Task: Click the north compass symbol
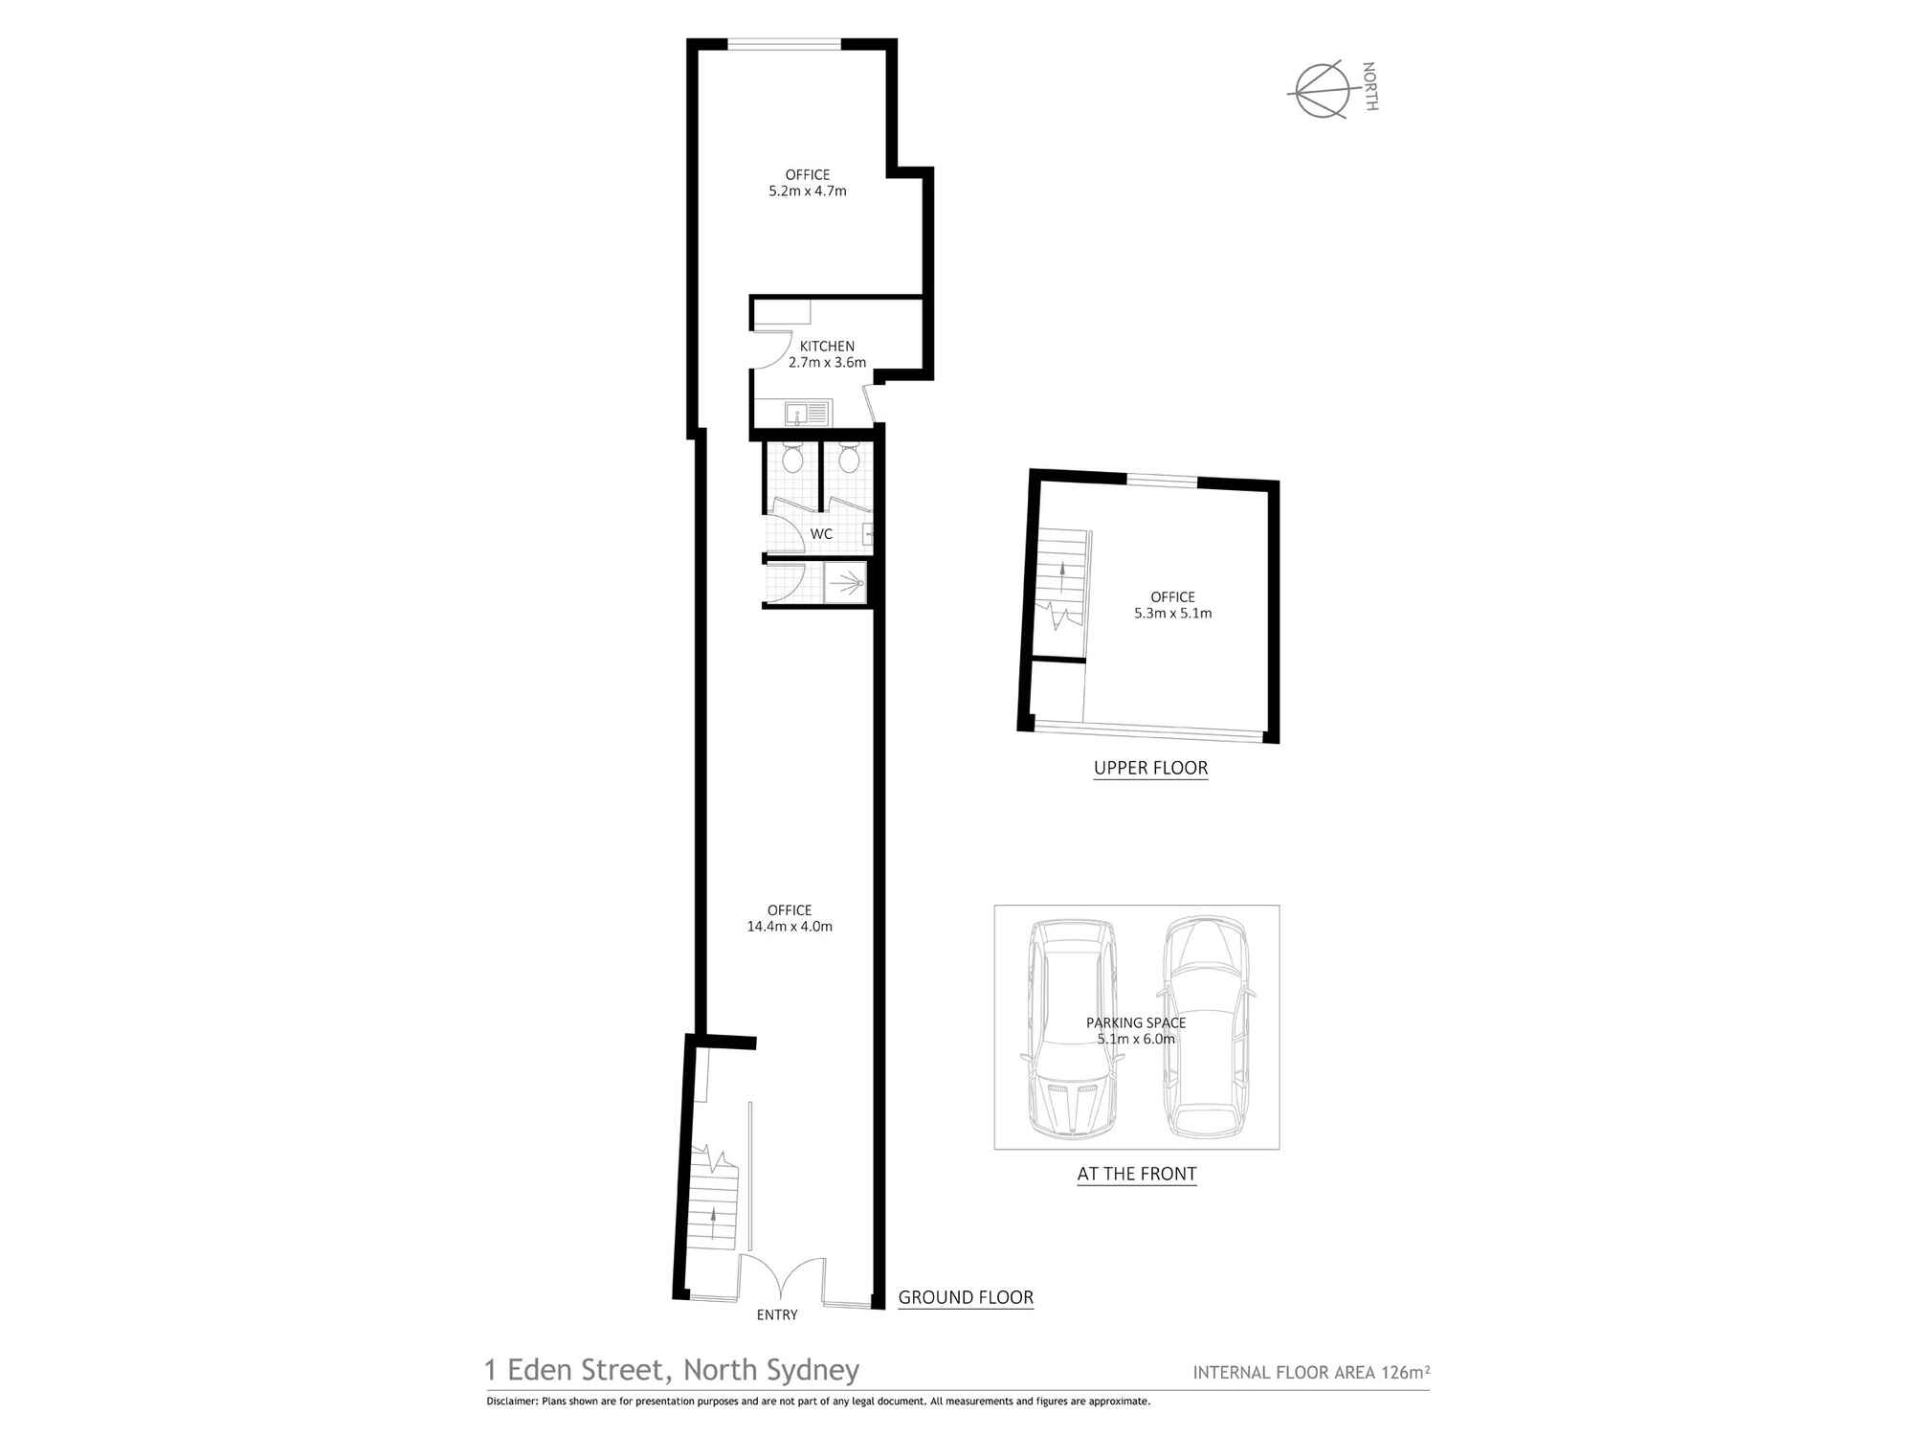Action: click(x=1324, y=91)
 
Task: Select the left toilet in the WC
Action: click(x=791, y=460)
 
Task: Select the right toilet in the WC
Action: click(x=847, y=460)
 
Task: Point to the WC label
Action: click(x=821, y=534)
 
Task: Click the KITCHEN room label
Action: click(x=827, y=347)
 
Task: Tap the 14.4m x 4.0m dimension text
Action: click(x=790, y=927)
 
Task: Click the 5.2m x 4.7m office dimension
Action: click(x=808, y=191)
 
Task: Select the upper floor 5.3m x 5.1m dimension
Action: click(x=1172, y=614)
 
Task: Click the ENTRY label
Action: click(x=776, y=1315)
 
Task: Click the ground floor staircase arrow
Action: click(x=713, y=1221)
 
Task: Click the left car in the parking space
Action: click(x=1072, y=1029)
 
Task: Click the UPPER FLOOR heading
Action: click(x=1150, y=768)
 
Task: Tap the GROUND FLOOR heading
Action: click(x=966, y=1298)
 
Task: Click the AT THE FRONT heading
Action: click(x=1137, y=1174)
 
